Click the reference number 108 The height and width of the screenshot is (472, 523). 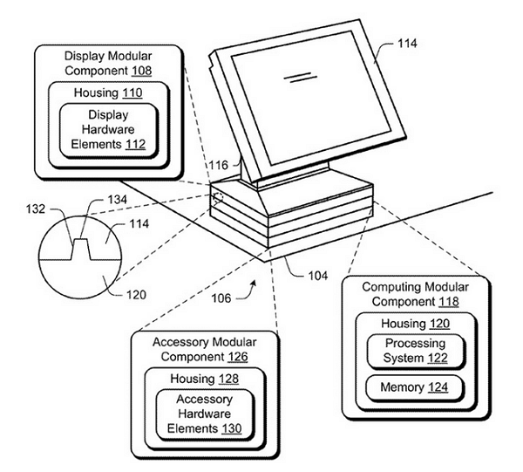pyautogui.click(x=141, y=71)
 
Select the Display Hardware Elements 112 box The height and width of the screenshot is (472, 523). pyautogui.click(x=108, y=130)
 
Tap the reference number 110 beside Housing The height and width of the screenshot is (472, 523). pyautogui.click(x=132, y=92)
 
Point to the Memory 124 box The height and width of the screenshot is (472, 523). pyautogui.click(x=415, y=388)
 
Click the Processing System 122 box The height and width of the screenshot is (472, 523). pyautogui.click(x=415, y=351)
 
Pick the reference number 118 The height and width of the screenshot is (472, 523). pyautogui.click(x=449, y=301)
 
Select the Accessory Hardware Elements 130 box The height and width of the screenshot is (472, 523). pyautogui.click(x=205, y=414)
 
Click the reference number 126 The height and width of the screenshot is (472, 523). pyautogui.click(x=238, y=357)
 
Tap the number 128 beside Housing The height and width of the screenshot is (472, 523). pyautogui.click(x=228, y=379)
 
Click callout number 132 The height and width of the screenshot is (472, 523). pyautogui.click(x=36, y=209)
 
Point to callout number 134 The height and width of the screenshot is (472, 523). pyautogui.click(x=117, y=200)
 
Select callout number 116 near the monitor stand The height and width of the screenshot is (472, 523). pyautogui.click(x=219, y=165)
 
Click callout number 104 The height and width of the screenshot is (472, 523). pyautogui.click(x=318, y=276)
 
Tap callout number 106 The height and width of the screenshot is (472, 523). pyautogui.click(x=221, y=298)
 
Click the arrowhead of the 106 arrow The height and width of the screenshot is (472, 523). pyautogui.click(x=255, y=283)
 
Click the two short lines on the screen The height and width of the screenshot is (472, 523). pyautogui.click(x=300, y=77)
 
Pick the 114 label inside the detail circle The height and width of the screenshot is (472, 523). pyautogui.click(x=139, y=223)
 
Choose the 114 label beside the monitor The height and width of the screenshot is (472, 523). pyautogui.click(x=407, y=44)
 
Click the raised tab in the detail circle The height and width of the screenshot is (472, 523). pyautogui.click(x=81, y=249)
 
